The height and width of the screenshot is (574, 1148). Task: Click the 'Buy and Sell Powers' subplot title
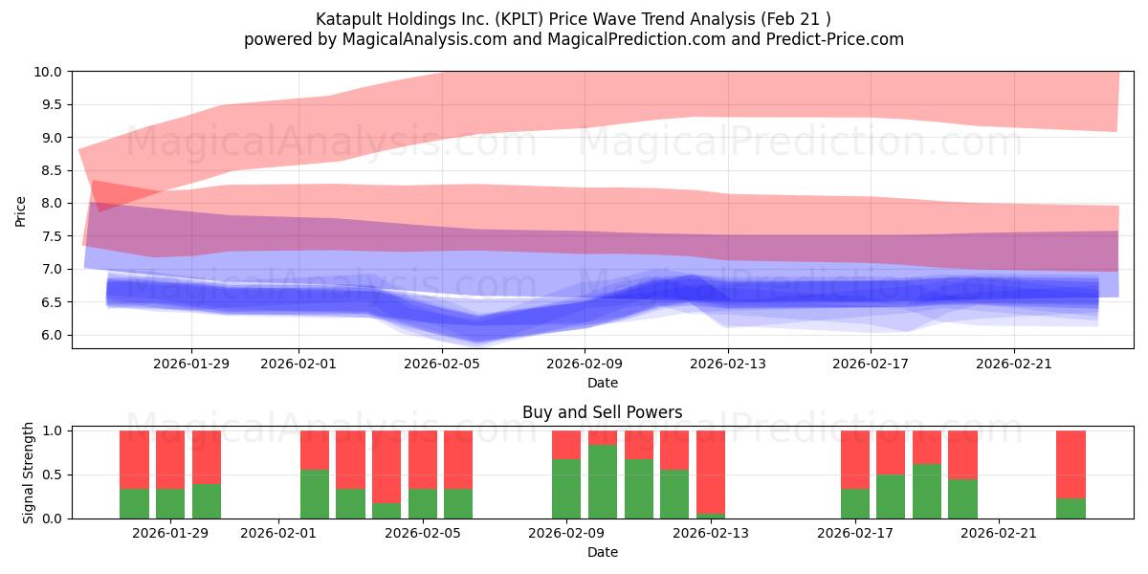[x=602, y=413]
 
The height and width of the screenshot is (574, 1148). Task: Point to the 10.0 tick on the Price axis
[x=48, y=72]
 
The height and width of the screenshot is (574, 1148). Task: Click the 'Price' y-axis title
[x=21, y=210]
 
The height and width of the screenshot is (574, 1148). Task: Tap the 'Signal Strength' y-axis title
[x=29, y=473]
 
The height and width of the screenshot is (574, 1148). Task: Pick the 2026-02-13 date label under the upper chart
[x=728, y=364]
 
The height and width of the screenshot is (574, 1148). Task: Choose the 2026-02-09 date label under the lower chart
[x=566, y=533]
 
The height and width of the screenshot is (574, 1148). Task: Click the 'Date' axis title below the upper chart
[x=602, y=383]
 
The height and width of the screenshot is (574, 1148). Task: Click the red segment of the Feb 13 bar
[x=711, y=471]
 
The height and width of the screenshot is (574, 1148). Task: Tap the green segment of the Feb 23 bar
[x=1071, y=508]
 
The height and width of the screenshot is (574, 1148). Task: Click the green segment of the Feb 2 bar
[x=315, y=494]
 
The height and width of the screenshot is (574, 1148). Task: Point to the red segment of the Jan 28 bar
[x=170, y=459]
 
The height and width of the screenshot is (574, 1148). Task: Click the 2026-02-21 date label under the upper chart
[x=1014, y=364]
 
